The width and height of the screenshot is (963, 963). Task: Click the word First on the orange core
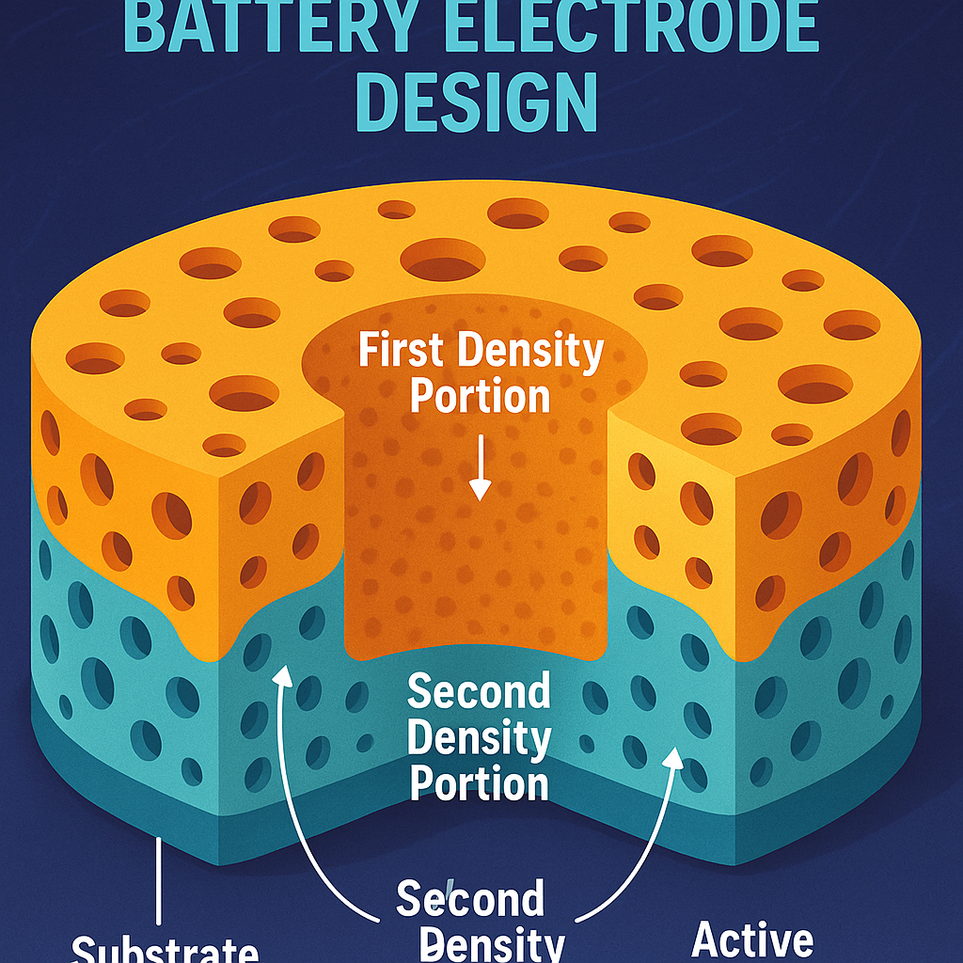click(403, 352)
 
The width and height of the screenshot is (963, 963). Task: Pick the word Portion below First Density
click(480, 395)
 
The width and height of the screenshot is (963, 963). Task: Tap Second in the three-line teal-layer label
click(479, 693)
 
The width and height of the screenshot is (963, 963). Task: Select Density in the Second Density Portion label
click(479, 738)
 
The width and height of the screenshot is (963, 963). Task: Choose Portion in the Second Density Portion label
click(479, 782)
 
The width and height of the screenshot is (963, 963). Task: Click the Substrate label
click(166, 948)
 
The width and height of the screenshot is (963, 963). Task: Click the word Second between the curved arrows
click(469, 900)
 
